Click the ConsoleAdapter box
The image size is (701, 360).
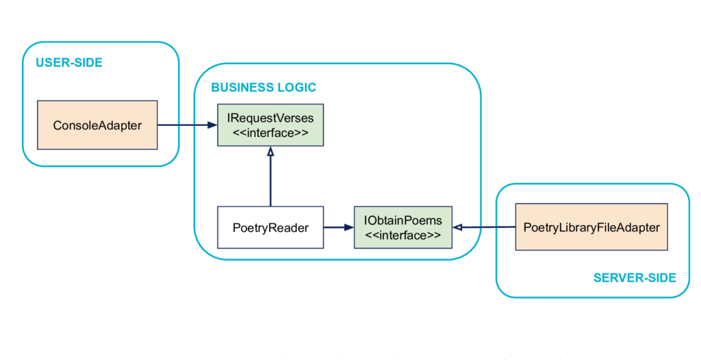97,125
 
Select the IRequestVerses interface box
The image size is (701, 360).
270,125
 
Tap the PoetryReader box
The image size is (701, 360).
270,227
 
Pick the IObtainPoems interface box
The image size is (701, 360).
403,227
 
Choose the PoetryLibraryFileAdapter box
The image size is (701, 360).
591,227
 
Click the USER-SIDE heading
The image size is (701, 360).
69,62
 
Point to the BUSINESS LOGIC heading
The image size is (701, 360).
264,87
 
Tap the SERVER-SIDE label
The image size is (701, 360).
635,278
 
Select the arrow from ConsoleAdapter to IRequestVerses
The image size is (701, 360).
188,125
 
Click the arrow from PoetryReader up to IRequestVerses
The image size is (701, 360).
270,177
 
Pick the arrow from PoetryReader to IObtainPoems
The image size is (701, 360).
339,228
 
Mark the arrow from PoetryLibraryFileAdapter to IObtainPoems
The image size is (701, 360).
484,228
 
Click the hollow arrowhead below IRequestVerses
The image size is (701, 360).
270,152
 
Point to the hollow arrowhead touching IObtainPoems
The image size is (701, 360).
457,228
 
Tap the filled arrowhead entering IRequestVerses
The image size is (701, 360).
213,125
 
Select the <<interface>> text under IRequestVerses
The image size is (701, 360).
270,132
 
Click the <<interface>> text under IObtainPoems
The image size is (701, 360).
403,235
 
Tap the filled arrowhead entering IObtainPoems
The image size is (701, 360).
349,228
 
